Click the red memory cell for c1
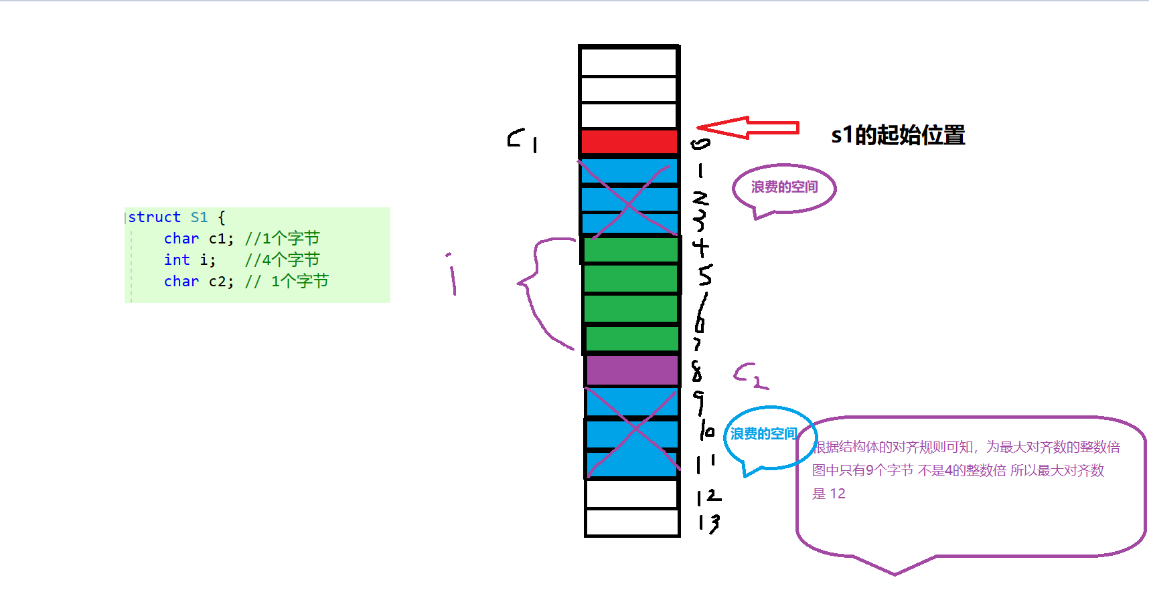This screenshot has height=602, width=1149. (x=629, y=142)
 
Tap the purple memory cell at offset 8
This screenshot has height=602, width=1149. (x=632, y=371)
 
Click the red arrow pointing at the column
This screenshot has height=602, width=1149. (x=748, y=127)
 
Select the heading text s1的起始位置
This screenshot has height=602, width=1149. (x=898, y=135)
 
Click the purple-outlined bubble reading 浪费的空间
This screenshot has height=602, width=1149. (x=784, y=188)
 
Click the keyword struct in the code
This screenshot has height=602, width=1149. (x=155, y=217)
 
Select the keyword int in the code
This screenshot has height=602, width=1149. (x=177, y=260)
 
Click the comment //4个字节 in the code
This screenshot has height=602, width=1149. (x=282, y=260)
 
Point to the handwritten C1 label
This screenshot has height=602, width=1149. (x=523, y=140)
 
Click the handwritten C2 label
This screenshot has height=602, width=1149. (x=750, y=377)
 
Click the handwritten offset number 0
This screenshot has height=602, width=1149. (x=700, y=143)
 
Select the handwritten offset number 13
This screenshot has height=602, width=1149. (x=708, y=522)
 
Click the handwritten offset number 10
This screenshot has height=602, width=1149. (x=707, y=430)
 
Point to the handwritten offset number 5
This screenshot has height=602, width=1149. (x=704, y=275)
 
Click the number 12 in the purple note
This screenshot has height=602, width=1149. (x=838, y=494)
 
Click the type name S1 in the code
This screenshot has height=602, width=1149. (x=199, y=217)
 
